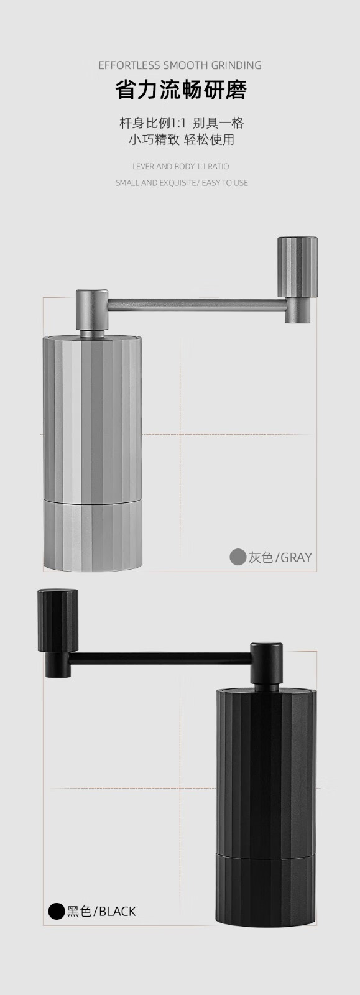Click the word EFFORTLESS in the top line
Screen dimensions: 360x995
[129, 66]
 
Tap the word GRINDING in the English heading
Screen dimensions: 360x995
[236, 66]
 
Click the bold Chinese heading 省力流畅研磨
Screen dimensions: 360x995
[181, 90]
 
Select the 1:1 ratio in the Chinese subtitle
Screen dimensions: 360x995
[178, 123]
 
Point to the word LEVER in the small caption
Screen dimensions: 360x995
[144, 167]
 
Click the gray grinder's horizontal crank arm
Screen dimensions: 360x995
[196, 305]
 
